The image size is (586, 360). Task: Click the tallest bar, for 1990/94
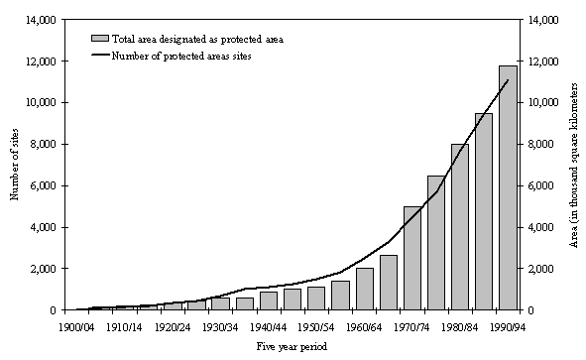click(508, 188)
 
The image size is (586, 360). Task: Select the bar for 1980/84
click(460, 227)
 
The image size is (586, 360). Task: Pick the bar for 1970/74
click(412, 258)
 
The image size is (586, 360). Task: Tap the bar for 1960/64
click(365, 289)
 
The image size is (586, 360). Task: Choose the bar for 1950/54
click(316, 299)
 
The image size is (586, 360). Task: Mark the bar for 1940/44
click(269, 300)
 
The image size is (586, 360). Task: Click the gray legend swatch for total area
click(100, 39)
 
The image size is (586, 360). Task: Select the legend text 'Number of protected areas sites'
click(181, 57)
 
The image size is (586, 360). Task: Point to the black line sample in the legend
click(100, 56)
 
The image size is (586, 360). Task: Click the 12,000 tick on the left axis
click(41, 61)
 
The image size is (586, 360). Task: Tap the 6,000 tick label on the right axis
click(542, 185)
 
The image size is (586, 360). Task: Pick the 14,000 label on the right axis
click(542, 20)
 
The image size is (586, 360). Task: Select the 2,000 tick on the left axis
click(43, 269)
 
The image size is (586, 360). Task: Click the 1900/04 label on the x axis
click(76, 327)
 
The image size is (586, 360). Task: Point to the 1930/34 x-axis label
click(220, 327)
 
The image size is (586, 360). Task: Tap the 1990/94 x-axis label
click(507, 327)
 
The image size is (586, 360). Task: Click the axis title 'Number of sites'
click(14, 165)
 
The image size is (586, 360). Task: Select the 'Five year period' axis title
click(292, 346)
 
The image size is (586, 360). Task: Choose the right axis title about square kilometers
click(573, 165)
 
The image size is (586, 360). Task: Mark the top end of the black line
click(508, 80)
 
